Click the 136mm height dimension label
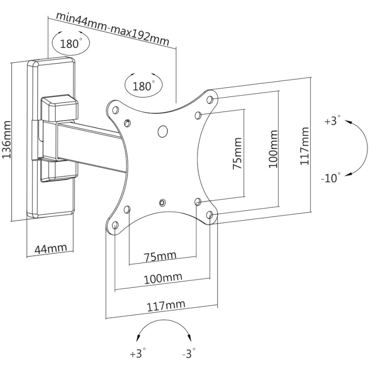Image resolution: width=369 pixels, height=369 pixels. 6,140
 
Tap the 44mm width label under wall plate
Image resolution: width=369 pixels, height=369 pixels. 51,248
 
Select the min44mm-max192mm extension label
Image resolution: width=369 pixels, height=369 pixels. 113,29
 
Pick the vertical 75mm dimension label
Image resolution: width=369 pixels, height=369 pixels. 237,153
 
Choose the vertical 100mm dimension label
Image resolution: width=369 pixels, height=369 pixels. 273,149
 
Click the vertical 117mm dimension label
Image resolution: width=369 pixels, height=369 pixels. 304,146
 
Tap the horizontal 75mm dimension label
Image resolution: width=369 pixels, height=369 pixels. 161,256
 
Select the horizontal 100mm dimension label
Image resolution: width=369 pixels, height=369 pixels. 163,279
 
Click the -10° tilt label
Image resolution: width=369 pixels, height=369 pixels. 331,178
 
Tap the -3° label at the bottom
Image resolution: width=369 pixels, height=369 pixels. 189,353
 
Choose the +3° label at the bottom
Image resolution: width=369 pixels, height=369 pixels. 137,353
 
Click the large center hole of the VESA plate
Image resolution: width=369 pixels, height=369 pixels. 162,131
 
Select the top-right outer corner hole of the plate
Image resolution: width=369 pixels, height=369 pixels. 209,99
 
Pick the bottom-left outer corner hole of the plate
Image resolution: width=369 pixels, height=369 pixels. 115,225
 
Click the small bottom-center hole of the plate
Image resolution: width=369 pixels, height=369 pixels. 162,202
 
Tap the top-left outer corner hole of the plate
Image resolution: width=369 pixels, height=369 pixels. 115,110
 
